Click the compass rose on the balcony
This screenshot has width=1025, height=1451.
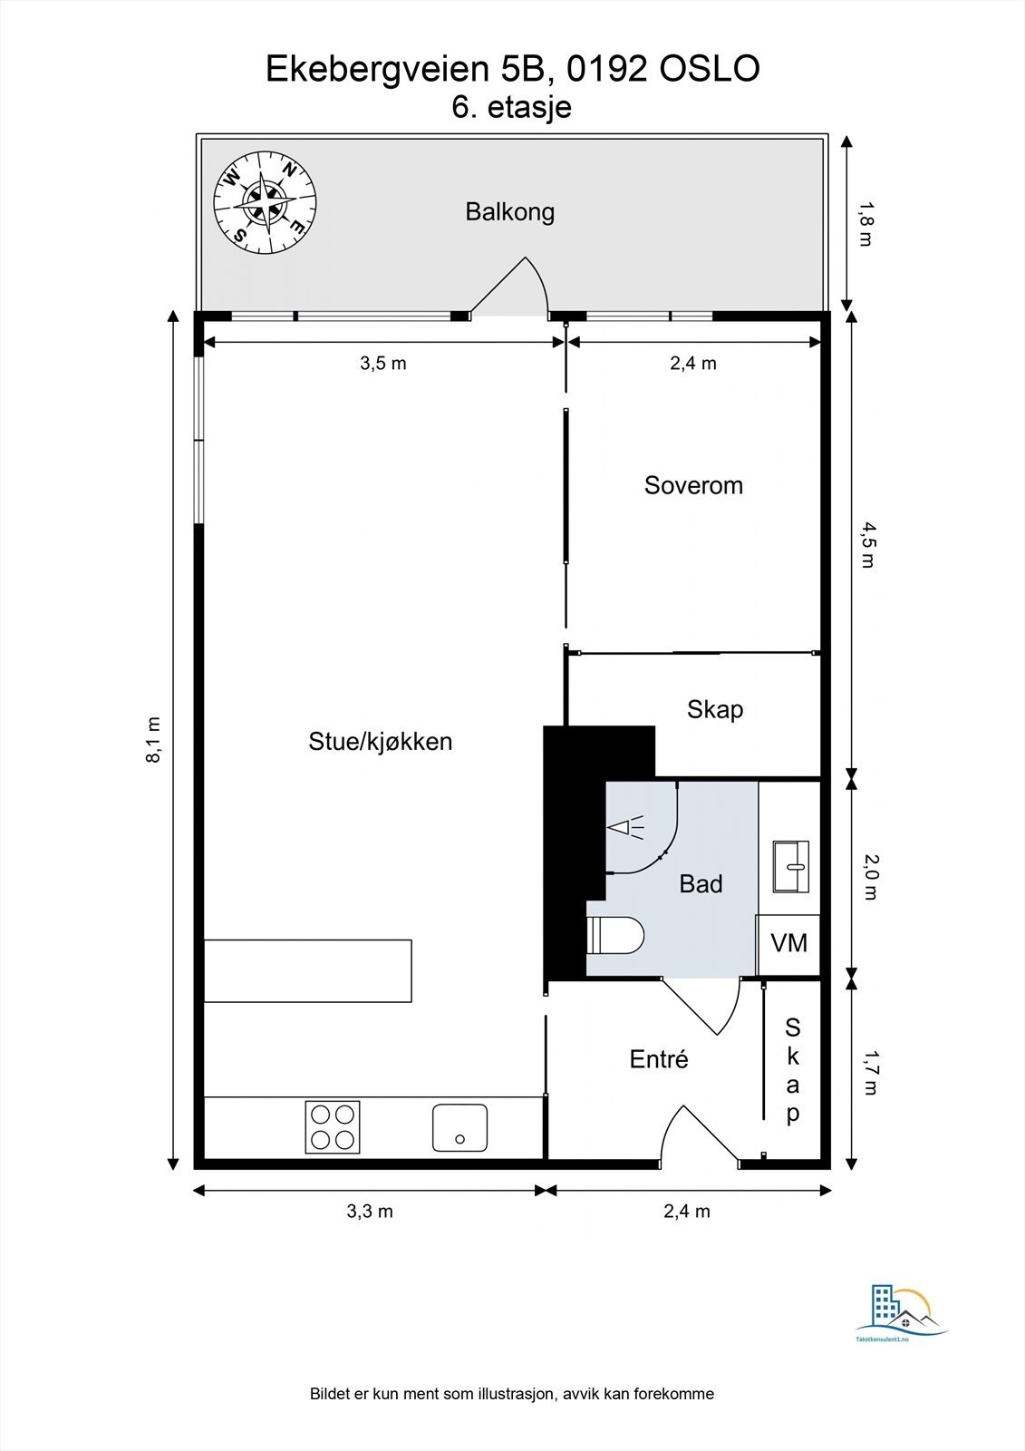click(265, 202)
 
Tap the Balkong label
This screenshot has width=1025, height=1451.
click(510, 212)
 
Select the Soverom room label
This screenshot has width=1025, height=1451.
click(693, 485)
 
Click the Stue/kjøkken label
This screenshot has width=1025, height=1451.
click(380, 742)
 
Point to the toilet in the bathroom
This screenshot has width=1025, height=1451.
click(614, 935)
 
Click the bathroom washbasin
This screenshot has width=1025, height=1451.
click(790, 867)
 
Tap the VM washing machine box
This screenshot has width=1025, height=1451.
click(788, 944)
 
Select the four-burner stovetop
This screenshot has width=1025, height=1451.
click(333, 1127)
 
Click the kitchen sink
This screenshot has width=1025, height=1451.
click(459, 1128)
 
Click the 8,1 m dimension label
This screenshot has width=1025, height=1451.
click(153, 740)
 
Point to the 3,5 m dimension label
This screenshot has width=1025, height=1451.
click(383, 364)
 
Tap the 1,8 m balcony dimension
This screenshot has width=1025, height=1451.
click(865, 224)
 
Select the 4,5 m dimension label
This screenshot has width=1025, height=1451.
click(866, 545)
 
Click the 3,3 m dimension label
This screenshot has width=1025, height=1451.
click(370, 1212)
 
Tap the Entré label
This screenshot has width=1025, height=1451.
click(659, 1059)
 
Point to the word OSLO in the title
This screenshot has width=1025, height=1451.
click(710, 69)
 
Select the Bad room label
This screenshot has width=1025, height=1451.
click(701, 884)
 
